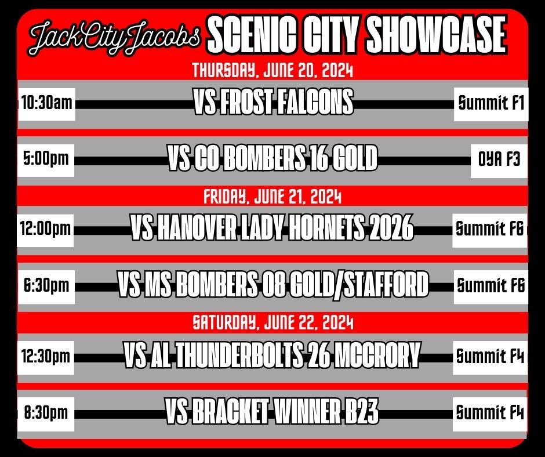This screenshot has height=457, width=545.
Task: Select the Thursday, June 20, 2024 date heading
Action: (272, 71)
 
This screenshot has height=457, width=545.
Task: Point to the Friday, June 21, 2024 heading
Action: (272, 198)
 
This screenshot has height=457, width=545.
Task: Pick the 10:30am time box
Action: (46, 104)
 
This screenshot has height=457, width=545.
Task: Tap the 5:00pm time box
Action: (46, 158)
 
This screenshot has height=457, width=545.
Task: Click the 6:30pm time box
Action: (46, 285)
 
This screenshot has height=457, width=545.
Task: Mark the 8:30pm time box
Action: (46, 413)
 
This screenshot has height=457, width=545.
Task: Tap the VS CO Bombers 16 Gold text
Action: (272, 158)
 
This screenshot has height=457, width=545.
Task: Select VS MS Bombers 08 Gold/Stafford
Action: (272, 285)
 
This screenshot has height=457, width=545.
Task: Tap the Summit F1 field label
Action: (490, 104)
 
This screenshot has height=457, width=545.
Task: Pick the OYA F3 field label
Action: (499, 158)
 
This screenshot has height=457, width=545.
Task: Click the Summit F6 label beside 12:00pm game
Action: (490, 229)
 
